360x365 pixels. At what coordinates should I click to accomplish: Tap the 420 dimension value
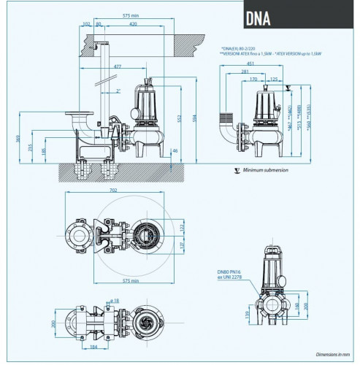134,25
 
